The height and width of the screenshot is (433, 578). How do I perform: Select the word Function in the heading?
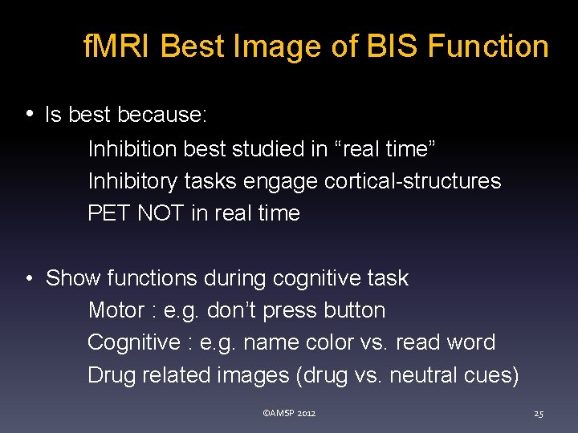pos(488,47)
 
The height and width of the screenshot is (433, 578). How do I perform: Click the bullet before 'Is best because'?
pos(30,114)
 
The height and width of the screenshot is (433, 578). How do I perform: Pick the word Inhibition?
pos(132,149)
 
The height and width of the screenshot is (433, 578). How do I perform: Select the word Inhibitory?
pos(132,181)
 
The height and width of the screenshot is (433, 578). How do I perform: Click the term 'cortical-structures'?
pos(413,181)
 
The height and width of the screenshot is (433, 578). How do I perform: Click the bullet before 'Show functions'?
pos(30,279)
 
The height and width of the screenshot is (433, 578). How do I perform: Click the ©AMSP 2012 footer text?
pos(289,414)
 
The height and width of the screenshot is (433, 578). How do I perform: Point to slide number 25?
pos(539,414)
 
